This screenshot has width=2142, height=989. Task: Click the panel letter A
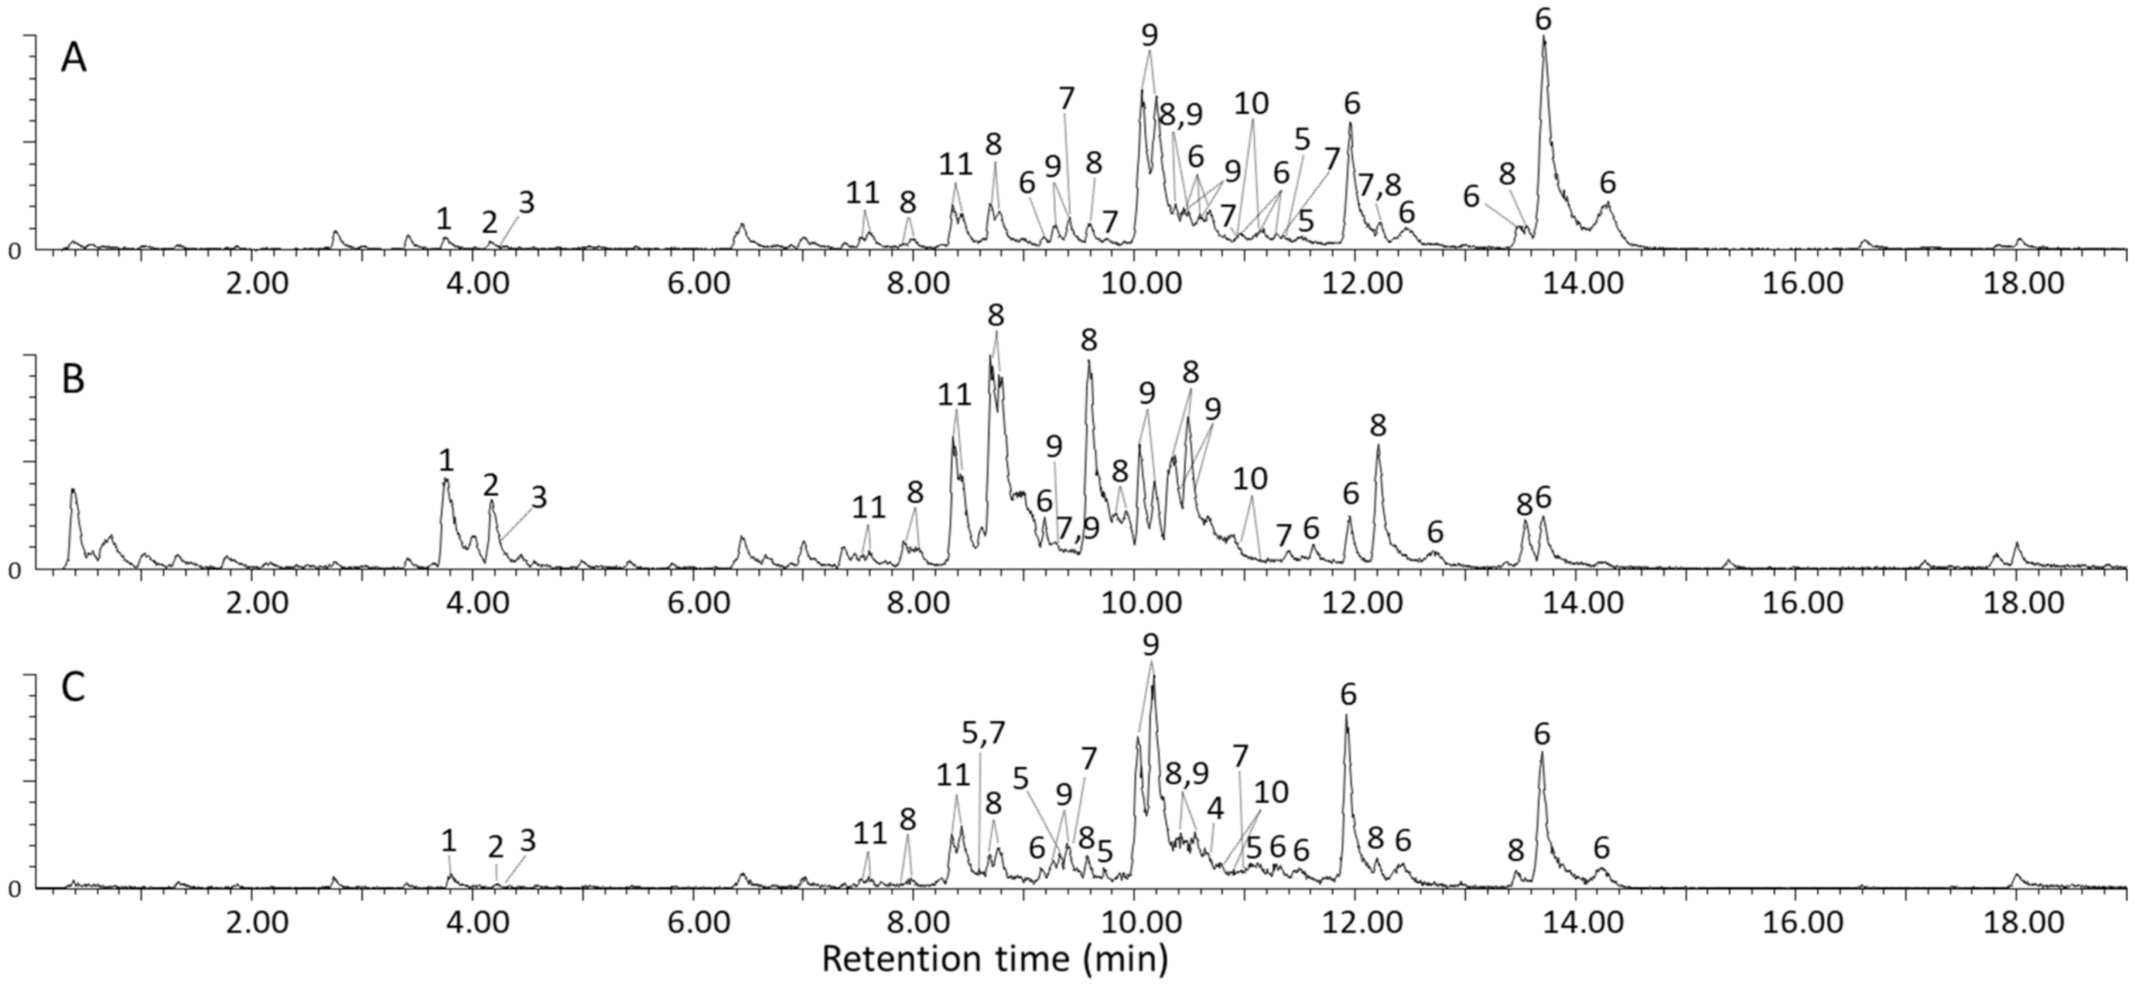74,60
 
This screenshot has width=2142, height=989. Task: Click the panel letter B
73,380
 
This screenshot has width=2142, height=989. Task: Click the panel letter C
74,687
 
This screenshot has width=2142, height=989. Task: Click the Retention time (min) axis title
994,958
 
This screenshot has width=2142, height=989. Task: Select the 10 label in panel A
1251,103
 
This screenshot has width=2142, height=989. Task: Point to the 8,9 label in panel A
1180,115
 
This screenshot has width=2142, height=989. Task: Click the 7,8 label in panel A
1380,184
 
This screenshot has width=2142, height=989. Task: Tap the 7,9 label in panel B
1077,529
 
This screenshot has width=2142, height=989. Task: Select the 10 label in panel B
1250,479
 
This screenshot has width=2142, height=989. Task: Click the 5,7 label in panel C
983,733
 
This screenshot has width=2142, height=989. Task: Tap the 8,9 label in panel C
1187,773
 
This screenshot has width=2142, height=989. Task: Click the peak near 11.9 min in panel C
1347,718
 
